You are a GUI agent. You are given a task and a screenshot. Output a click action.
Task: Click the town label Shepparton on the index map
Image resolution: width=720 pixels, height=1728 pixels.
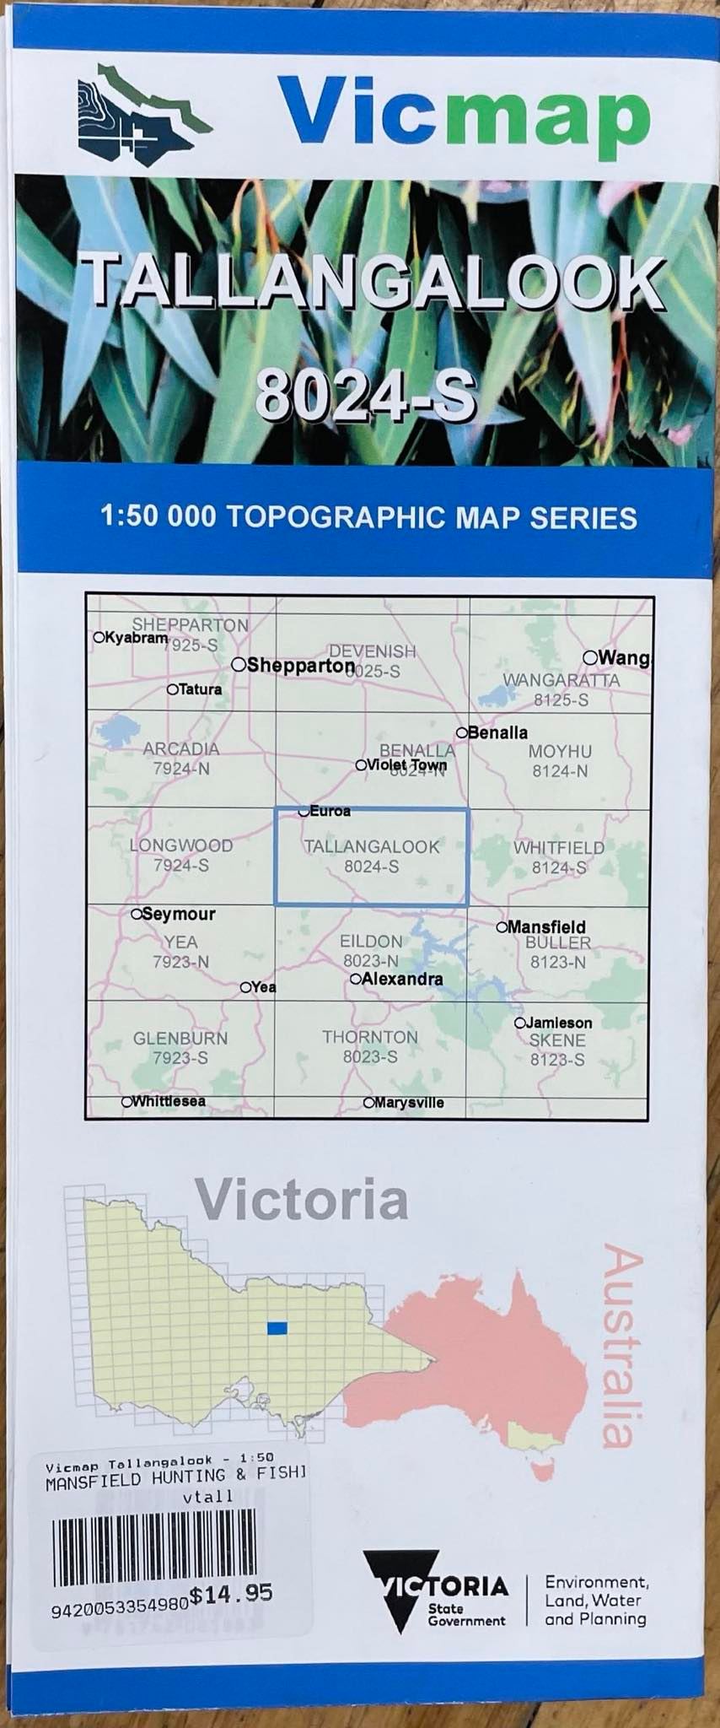[300, 666]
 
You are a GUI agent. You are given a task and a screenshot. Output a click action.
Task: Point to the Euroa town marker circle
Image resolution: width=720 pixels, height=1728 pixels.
[304, 812]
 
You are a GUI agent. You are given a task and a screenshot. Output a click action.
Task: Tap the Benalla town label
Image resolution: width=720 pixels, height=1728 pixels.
[497, 732]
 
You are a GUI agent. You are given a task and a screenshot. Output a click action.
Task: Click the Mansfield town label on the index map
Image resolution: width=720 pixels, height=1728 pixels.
[546, 927]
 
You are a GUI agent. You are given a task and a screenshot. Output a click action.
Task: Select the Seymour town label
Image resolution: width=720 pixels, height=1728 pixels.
[178, 914]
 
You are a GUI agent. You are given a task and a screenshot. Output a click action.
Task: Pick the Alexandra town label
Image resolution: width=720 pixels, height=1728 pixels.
[401, 980]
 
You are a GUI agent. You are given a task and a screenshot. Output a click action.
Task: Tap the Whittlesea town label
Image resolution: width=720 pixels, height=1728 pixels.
[169, 1101]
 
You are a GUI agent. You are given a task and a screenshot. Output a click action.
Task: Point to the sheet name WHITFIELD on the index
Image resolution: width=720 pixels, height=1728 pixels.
[559, 847]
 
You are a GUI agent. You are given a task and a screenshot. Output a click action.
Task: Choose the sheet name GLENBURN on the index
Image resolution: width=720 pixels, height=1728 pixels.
[180, 1039]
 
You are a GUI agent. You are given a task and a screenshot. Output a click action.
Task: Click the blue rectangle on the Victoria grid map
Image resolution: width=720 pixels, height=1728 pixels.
[277, 1328]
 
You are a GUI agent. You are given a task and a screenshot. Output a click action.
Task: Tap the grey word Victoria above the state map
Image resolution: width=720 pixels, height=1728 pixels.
[302, 1200]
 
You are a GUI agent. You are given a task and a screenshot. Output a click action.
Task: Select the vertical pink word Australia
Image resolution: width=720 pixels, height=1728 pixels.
[624, 1347]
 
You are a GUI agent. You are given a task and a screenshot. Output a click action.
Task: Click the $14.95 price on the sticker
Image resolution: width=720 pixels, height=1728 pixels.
[230, 1594]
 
